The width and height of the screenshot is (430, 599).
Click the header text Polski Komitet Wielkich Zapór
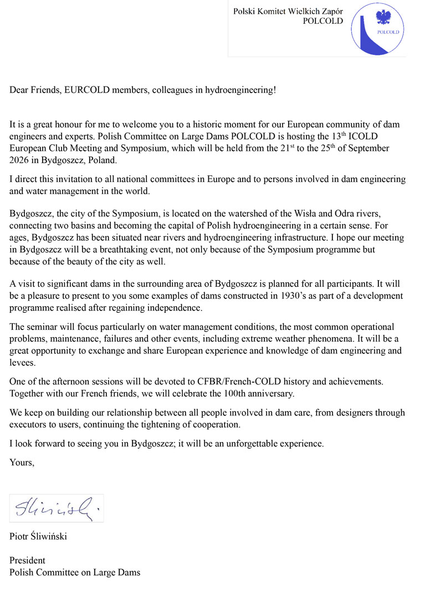pos(288,11)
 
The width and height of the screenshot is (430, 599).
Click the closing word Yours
pos(22,462)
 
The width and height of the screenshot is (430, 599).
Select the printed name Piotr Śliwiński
pos(38,536)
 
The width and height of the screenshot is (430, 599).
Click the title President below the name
pos(27,560)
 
